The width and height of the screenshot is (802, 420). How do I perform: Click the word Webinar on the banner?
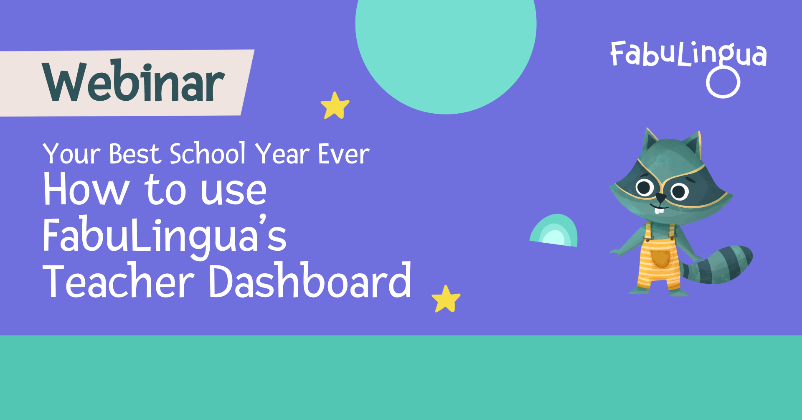coord(134,81)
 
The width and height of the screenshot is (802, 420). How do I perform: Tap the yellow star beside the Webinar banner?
coord(335,106)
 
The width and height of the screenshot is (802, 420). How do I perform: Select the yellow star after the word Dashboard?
coord(446,299)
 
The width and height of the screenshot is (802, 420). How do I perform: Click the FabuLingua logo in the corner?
coord(688,54)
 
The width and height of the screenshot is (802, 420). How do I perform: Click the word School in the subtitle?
coord(208,153)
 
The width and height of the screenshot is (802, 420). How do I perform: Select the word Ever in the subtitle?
coord(344,154)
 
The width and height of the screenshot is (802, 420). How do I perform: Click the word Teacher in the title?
coord(119,281)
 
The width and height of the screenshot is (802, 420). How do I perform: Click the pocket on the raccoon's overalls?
coord(660,258)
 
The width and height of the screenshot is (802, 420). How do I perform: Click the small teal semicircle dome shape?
coord(554,231)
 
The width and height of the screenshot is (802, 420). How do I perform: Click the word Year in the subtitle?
coord(282,154)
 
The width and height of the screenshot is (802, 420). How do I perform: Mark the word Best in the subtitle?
coord(135,154)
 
